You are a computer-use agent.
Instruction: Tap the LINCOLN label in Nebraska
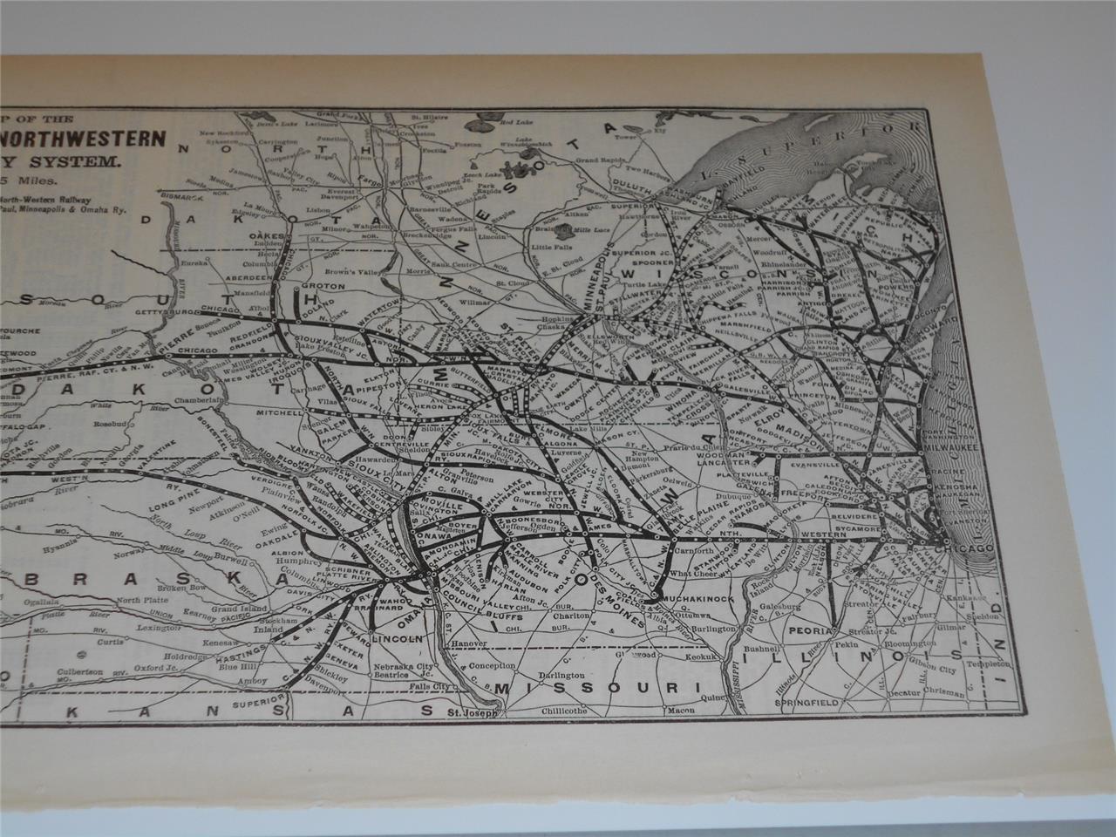pyautogui.click(x=398, y=638)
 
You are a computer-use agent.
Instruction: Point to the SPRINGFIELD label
pyautogui.click(x=813, y=701)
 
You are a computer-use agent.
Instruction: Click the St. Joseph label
pyautogui.click(x=471, y=712)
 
